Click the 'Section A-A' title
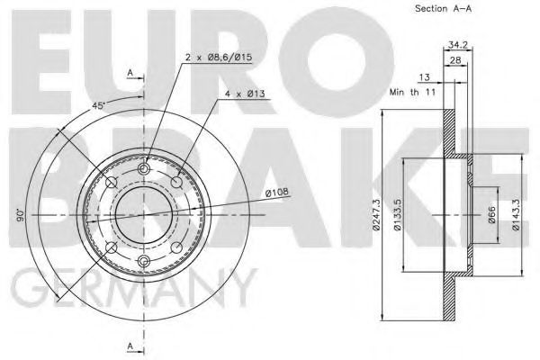(443, 8)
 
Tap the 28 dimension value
(455, 60)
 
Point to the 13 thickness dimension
(424, 76)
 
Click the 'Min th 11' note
(412, 92)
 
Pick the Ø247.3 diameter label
(376, 214)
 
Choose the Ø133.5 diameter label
(398, 214)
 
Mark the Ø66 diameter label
(491, 214)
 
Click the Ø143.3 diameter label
(516, 214)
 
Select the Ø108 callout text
(277, 192)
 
